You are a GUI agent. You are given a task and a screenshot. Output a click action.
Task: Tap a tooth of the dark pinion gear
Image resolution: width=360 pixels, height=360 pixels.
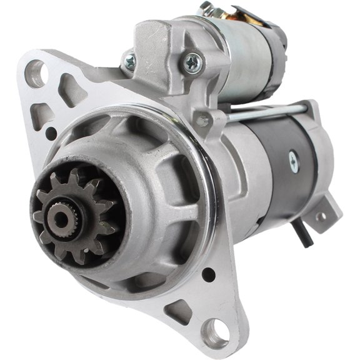point(76,177)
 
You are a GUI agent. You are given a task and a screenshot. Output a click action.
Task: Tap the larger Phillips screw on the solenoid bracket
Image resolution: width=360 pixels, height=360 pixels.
point(192,61)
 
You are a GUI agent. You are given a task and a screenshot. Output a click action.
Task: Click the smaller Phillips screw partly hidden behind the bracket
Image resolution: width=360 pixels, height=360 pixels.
point(130,61)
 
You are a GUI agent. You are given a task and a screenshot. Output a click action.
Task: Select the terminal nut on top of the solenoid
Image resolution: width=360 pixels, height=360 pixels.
point(206,9)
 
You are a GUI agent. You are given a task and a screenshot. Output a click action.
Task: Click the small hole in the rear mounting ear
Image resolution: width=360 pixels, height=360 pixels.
point(322,217)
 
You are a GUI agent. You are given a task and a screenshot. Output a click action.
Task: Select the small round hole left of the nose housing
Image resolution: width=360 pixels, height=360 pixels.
point(51,132)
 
